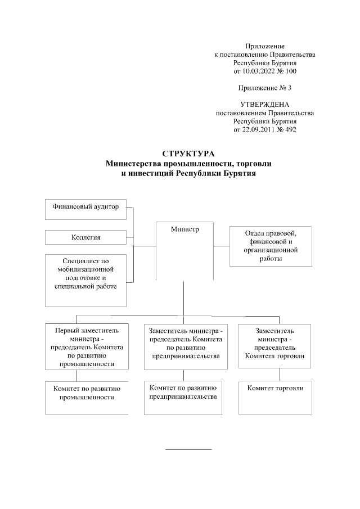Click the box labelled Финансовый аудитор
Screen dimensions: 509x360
tap(85, 208)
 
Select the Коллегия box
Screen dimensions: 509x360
tap(85, 237)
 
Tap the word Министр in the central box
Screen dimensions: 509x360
tap(184, 229)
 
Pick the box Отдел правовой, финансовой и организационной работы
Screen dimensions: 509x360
tap(271, 246)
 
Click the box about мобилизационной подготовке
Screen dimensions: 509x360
tap(85, 280)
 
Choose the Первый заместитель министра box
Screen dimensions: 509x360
tap(86, 346)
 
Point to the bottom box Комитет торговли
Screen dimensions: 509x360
tap(274, 398)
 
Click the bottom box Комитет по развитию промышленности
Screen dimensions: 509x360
tap(86, 398)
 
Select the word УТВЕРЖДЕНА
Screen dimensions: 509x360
tap(265, 105)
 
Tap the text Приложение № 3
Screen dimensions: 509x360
tap(265, 88)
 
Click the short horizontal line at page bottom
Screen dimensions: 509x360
tap(188, 449)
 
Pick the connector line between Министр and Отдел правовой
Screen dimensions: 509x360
tap(222, 246)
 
